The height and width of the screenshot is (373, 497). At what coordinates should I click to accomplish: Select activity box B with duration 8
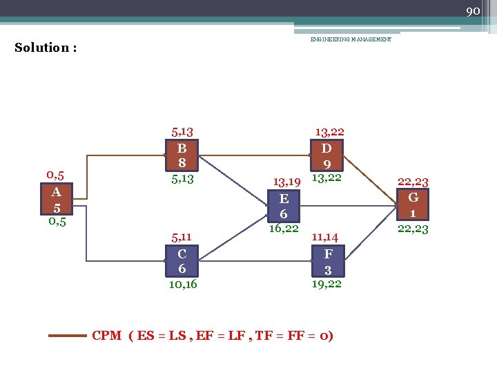pyautogui.click(x=182, y=155)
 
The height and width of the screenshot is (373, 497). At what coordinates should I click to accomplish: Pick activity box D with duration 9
pyautogui.click(x=328, y=155)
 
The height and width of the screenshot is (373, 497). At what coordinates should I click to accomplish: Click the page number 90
pyautogui.click(x=473, y=11)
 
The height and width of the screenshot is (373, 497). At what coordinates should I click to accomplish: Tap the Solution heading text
pyautogui.click(x=46, y=48)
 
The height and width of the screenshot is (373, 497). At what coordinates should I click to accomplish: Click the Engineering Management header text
pyautogui.click(x=351, y=40)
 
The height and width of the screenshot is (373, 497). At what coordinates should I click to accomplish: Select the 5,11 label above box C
pyautogui.click(x=182, y=238)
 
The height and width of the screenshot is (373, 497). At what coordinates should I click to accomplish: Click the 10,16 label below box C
pyautogui.click(x=182, y=284)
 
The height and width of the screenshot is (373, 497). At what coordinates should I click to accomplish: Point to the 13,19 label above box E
pyautogui.click(x=286, y=182)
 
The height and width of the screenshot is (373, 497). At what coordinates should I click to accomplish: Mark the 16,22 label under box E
pyautogui.click(x=283, y=229)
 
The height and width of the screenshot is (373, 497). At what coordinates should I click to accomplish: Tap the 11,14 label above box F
pyautogui.click(x=324, y=237)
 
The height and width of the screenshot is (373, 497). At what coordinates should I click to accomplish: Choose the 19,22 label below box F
pyautogui.click(x=326, y=284)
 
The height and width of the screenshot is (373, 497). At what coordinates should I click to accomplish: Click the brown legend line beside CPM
pyautogui.click(x=67, y=336)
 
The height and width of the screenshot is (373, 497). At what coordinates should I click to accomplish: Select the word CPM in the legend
pyautogui.click(x=108, y=336)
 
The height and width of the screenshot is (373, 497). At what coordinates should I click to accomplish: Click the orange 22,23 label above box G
pyautogui.click(x=413, y=182)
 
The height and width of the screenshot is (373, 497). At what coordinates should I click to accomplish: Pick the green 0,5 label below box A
pyautogui.click(x=57, y=222)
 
